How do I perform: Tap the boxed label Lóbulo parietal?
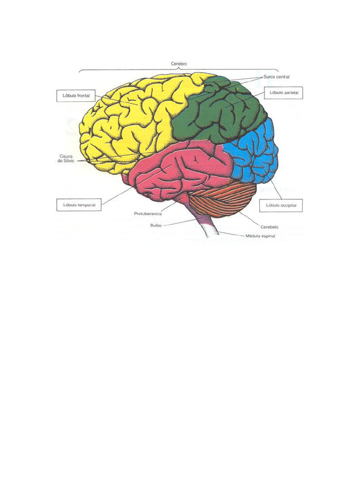coord(284,93)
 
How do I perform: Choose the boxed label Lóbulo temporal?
coord(79,205)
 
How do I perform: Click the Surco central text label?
coord(277,76)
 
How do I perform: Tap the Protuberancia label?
coord(148,214)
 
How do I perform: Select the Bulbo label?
coord(156,225)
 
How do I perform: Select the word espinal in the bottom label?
coord(269,236)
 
